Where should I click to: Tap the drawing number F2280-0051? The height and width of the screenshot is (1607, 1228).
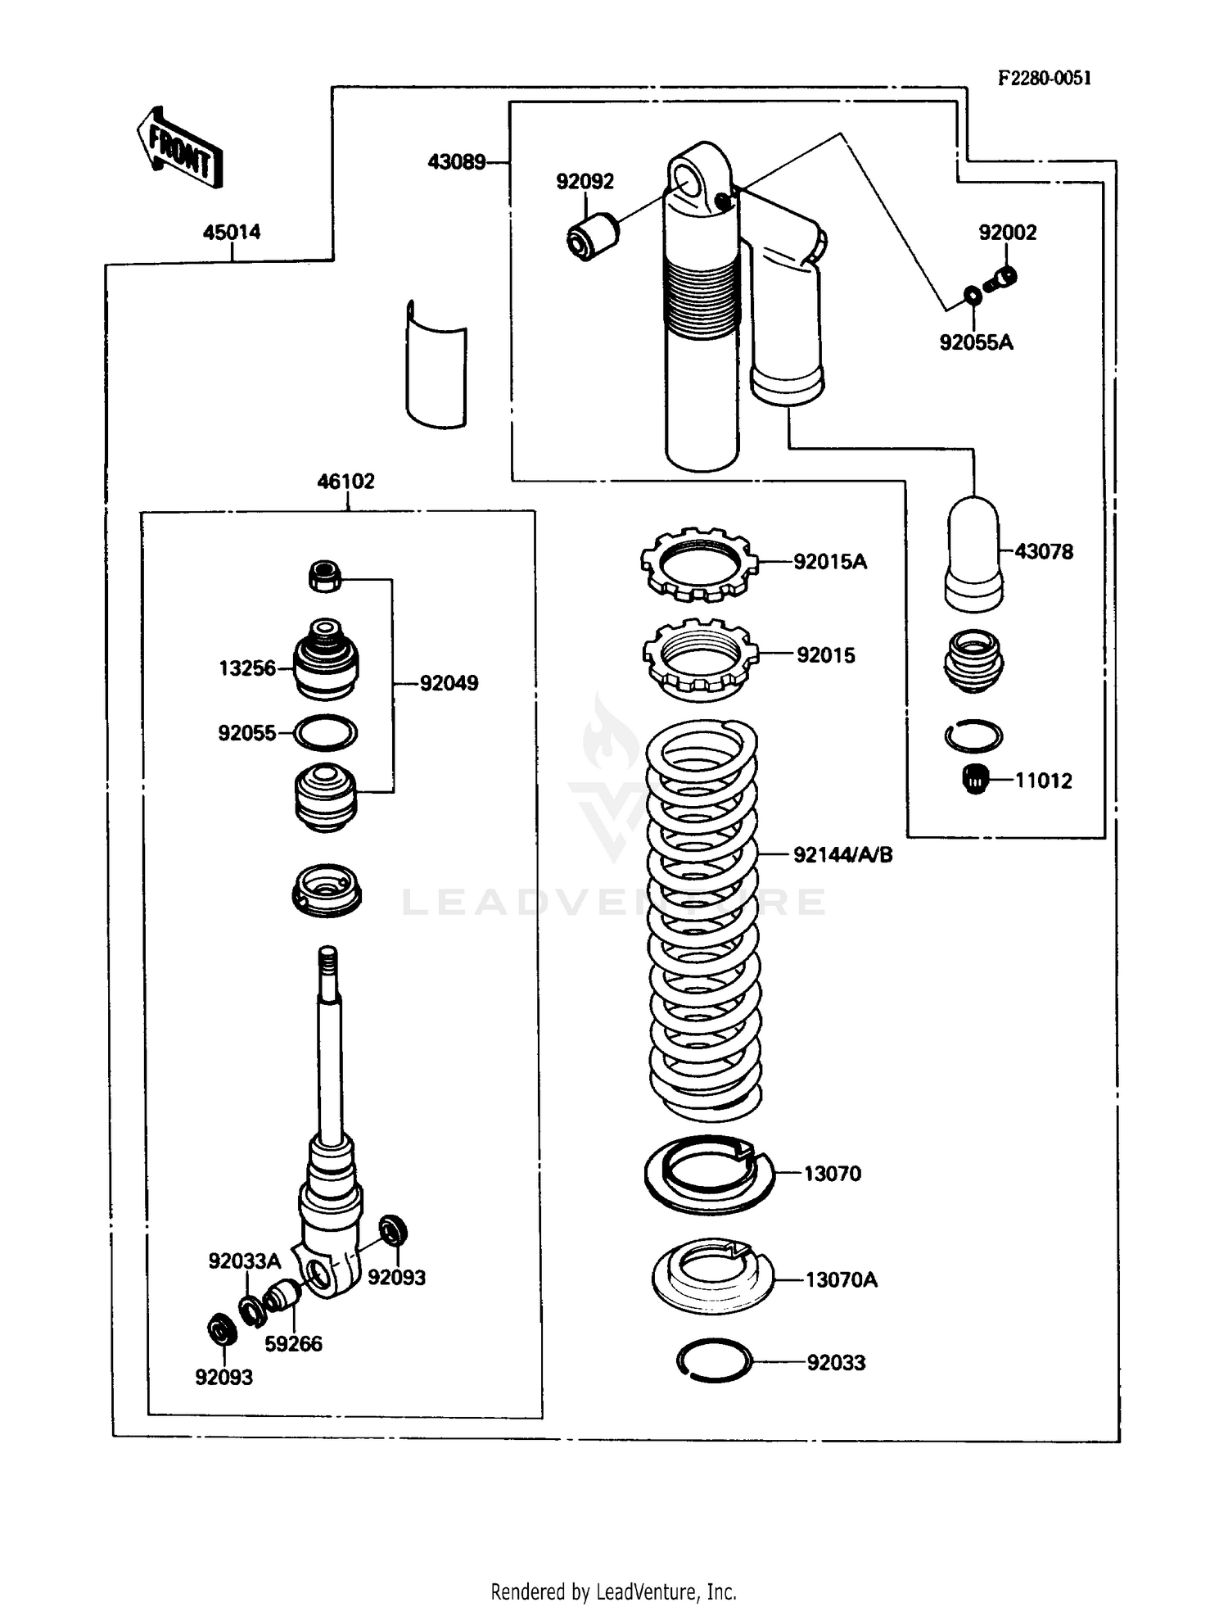(1044, 78)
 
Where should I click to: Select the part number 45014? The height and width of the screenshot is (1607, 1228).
(232, 232)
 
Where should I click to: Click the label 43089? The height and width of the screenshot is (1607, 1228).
(457, 162)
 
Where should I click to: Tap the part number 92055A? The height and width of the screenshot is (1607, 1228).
(976, 342)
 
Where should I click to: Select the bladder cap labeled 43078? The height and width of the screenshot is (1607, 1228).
(973, 554)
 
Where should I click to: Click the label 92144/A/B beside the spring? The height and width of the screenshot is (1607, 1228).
(842, 854)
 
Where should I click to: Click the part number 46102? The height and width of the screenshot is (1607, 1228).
(345, 481)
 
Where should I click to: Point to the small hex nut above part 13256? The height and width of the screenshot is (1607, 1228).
(326, 576)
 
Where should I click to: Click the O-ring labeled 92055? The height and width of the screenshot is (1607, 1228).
(325, 732)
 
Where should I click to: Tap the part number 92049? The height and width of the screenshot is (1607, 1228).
(449, 682)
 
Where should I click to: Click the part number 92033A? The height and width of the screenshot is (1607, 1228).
(244, 1261)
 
